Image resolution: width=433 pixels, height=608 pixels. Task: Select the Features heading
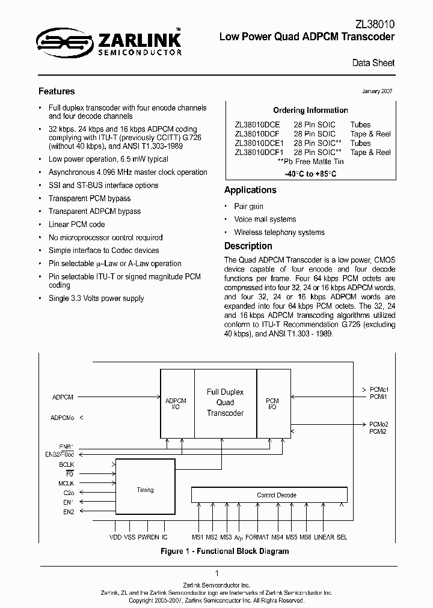(57, 91)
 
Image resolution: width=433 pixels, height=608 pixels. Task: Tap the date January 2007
(377, 91)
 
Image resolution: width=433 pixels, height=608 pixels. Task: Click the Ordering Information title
(310, 111)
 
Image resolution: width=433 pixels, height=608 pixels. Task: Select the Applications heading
(250, 190)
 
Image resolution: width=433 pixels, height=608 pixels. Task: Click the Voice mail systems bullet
(265, 219)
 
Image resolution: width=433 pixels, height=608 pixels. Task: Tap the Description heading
(248, 246)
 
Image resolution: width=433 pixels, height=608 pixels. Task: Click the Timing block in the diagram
(145, 490)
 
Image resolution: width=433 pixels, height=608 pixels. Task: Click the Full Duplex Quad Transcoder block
(225, 403)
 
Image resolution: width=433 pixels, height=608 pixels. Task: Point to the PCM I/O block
(272, 403)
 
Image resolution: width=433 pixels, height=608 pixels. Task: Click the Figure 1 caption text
(224, 551)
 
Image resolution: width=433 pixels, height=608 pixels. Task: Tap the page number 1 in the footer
(216, 574)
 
